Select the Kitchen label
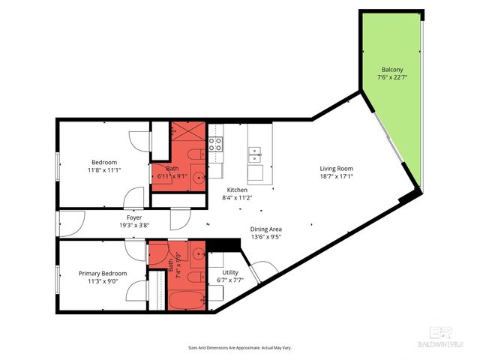[237, 190]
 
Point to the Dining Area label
[265, 229]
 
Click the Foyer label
[134, 217]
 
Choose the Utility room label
[230, 272]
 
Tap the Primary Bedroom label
[103, 273]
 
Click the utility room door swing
[264, 271]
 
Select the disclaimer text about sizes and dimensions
[239, 348]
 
